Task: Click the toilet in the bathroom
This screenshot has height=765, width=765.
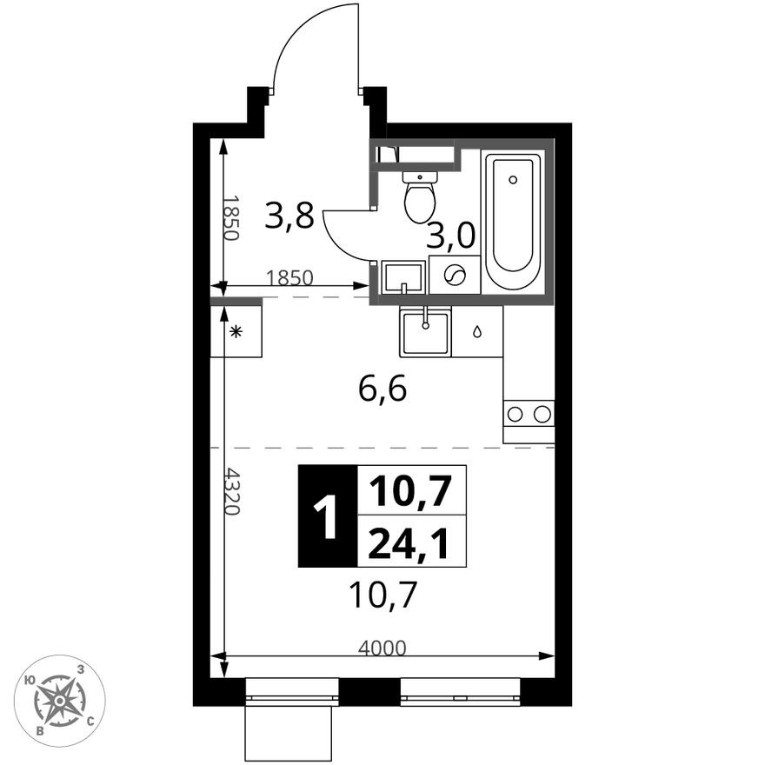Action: coord(420,197)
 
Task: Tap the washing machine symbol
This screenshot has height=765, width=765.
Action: coord(455,276)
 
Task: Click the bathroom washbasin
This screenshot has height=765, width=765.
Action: coord(402,276)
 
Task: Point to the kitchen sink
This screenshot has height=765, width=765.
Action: coord(425,332)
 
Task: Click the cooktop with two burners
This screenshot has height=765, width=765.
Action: coord(529,414)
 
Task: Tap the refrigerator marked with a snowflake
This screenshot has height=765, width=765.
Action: coord(236,331)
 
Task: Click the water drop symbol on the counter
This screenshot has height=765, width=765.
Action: coord(477,331)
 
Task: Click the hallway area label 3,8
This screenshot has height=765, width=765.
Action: coord(289,216)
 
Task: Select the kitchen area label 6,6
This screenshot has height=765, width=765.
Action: coord(382,389)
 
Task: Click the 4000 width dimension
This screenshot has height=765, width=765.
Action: coord(382,647)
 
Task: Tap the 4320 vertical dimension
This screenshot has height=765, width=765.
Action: coord(232,491)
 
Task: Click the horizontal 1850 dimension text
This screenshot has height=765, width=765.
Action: coord(289,278)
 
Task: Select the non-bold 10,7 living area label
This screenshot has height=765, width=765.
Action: coord(382,595)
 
